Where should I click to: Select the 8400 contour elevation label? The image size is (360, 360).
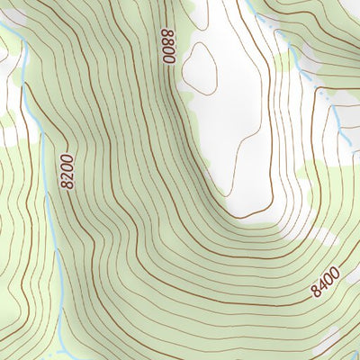tap(325, 281)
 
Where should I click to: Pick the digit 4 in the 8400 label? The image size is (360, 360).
tap(321, 283)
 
